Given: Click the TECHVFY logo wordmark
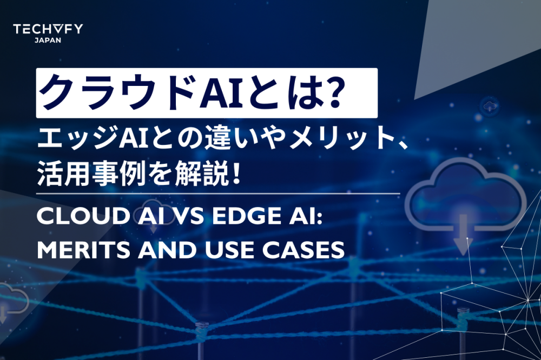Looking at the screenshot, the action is coord(48,29).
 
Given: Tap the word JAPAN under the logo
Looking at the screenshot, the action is coord(48,40).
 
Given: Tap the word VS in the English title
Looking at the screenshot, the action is coord(188,216).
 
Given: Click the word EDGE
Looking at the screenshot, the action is coord(247,216).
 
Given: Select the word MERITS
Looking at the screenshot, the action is coord(83,250).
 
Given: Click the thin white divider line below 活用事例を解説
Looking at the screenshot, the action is coord(218,194).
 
